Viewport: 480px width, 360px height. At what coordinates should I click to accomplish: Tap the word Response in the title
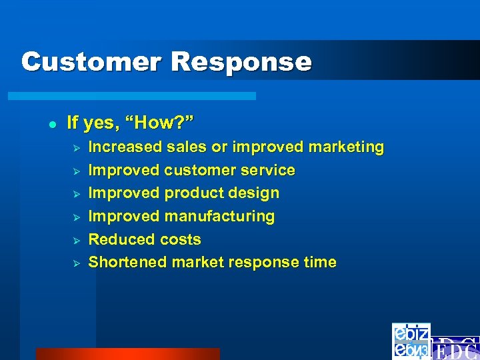pos(241,62)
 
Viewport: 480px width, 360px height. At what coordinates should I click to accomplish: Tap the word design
pos(255,193)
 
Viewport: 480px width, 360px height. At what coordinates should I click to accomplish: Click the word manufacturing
pos(219,217)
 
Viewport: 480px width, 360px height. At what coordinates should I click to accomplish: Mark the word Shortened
pos(127,263)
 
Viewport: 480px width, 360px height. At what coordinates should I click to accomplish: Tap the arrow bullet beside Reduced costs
pos(76,240)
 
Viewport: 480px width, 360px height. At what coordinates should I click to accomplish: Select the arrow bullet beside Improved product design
pos(76,194)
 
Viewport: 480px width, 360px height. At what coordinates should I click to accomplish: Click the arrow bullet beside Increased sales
pos(76,147)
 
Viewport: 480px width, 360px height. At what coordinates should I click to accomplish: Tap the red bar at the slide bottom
pos(127,354)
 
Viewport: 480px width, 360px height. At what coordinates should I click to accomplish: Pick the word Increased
pos(125,147)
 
